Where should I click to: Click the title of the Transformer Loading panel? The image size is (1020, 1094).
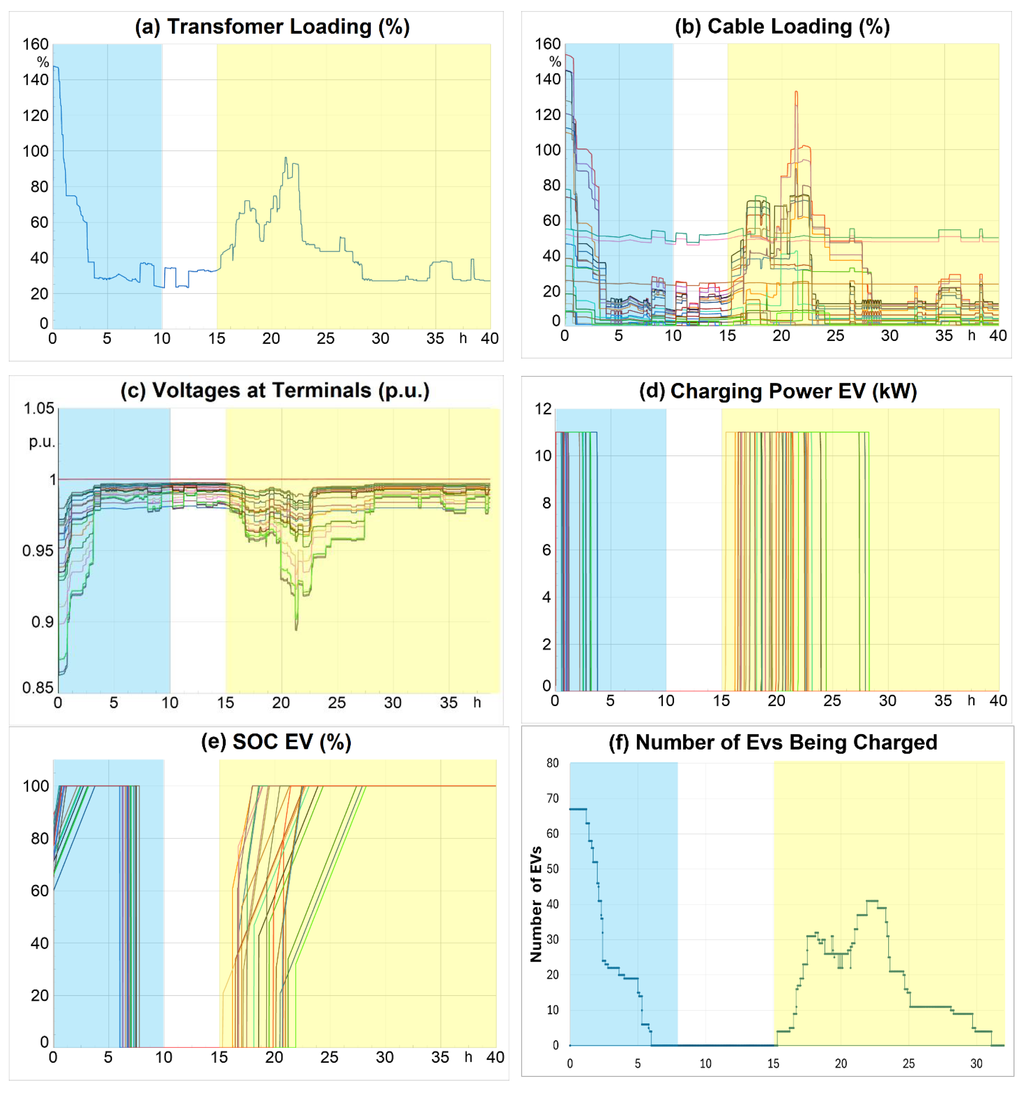[272, 27]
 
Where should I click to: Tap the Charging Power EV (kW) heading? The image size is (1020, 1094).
[777, 391]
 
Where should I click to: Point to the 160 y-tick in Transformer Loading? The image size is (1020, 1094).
[35, 44]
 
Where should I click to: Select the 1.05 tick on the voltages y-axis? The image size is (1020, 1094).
[38, 408]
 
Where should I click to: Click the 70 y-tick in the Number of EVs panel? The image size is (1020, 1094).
[552, 798]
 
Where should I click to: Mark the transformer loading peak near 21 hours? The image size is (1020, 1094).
[285, 158]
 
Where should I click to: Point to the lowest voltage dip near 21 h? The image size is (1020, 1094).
[297, 629]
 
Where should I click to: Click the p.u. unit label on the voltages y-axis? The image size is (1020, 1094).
[42, 442]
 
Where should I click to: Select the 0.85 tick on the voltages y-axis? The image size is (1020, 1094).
[37, 687]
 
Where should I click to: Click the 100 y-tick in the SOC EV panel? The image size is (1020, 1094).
[36, 786]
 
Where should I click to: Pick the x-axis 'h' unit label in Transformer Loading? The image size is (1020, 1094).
[463, 338]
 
